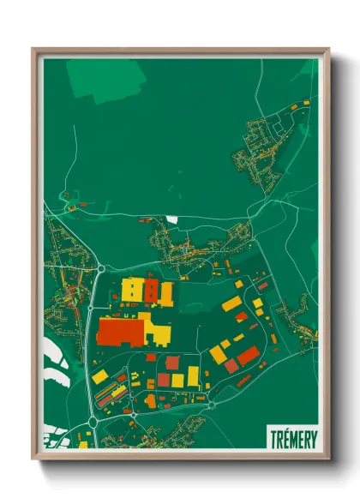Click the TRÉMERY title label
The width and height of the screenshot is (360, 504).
click(x=291, y=435)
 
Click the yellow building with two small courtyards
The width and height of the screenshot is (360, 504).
click(x=133, y=290)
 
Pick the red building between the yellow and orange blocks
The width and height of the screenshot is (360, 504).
click(x=151, y=289)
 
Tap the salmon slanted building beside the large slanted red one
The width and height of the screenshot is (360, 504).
click(x=231, y=366)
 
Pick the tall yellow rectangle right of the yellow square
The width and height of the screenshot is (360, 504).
click(x=194, y=375)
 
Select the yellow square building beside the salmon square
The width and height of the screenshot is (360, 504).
click(x=177, y=380)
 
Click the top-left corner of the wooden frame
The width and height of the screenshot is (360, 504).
click(x=33, y=50)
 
